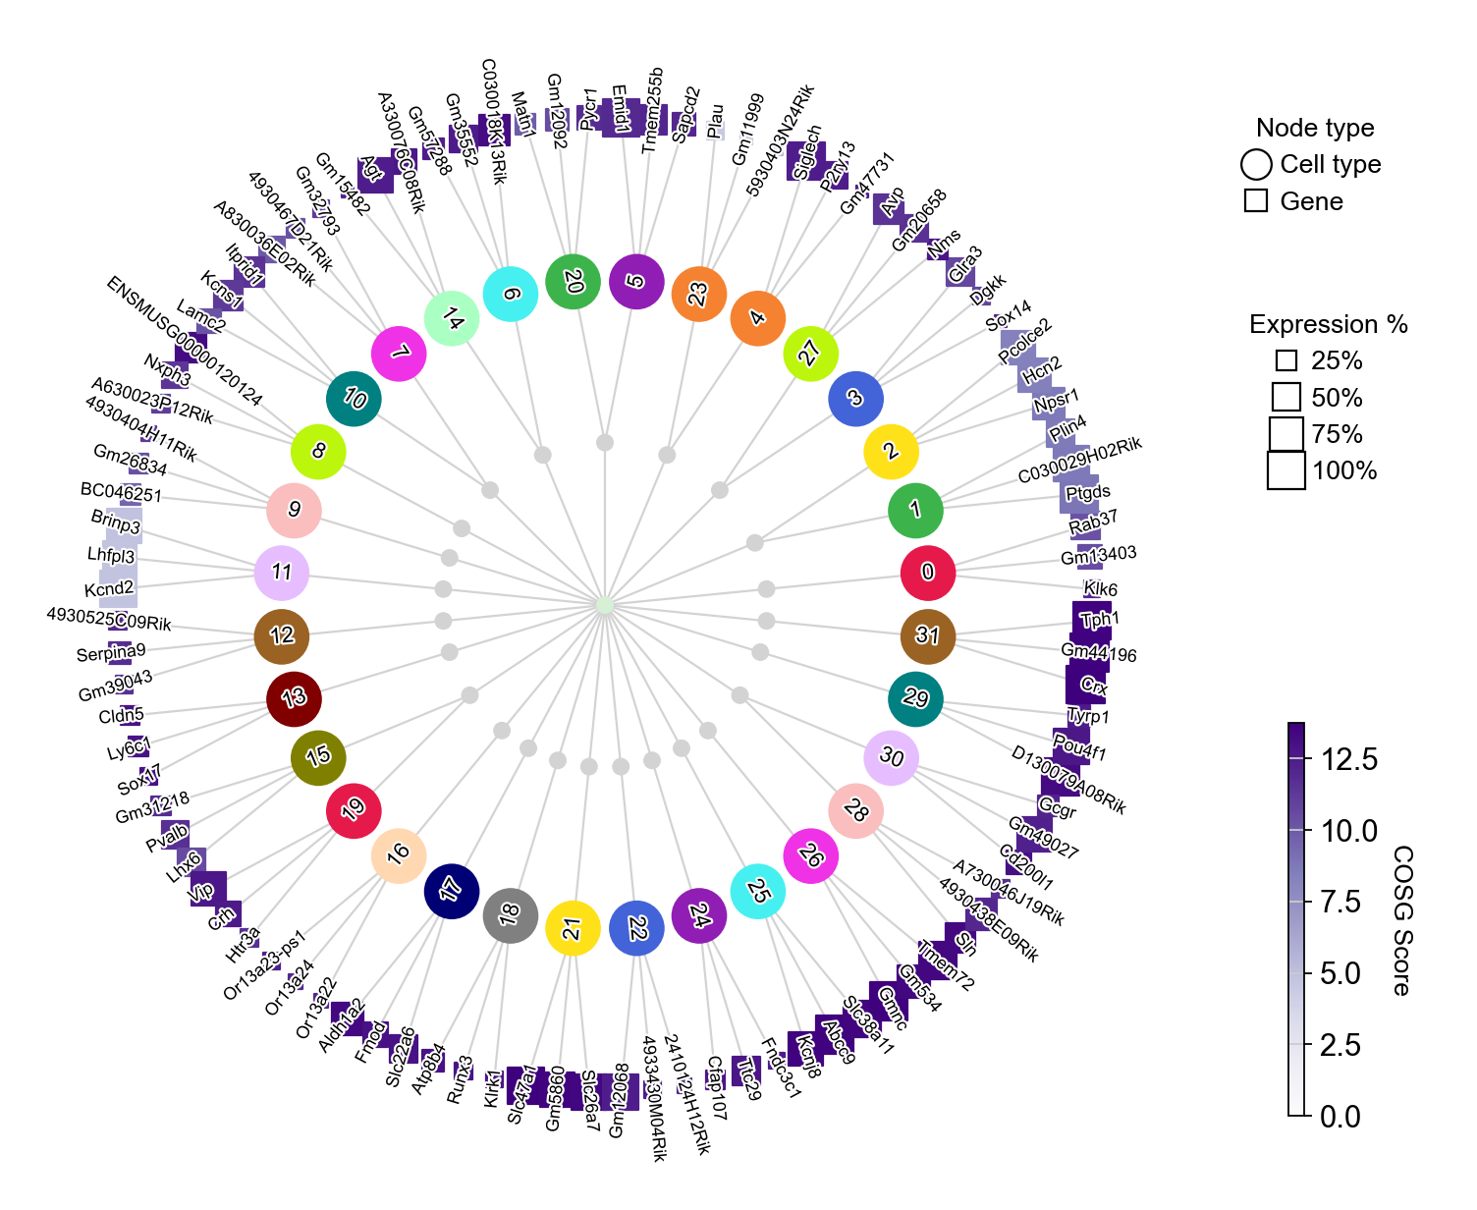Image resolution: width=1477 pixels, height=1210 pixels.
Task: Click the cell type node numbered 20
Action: pyautogui.click(x=573, y=282)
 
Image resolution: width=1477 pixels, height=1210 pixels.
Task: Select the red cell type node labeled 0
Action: pyautogui.click(x=928, y=573)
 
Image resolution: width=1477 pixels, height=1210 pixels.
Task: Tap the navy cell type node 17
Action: pyautogui.click(x=451, y=891)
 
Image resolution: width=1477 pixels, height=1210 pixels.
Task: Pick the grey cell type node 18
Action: pyautogui.click(x=510, y=915)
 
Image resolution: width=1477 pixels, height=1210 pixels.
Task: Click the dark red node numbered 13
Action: pyautogui.click(x=294, y=698)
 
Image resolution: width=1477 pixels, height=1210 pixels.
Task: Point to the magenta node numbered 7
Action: pyautogui.click(x=400, y=353)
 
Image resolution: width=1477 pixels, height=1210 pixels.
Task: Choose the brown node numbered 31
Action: pyautogui.click(x=927, y=635)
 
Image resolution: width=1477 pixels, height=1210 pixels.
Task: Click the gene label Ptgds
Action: pyautogui.click(x=1088, y=492)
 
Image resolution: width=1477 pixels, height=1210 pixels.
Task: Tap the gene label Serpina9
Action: pyautogui.click(x=111, y=652)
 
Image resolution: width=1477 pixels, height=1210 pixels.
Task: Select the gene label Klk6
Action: pyautogui.click(x=1101, y=589)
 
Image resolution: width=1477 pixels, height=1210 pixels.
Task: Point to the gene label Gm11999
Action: pyautogui.click(x=747, y=130)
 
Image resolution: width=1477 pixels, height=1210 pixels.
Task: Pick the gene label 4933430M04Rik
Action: pyautogui.click(x=654, y=1098)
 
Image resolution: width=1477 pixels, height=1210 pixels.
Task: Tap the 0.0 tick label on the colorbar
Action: pyautogui.click(x=1340, y=1117)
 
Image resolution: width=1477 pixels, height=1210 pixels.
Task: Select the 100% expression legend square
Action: pyautogui.click(x=1286, y=470)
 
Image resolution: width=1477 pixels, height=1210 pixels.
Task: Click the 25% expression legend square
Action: pyautogui.click(x=1286, y=361)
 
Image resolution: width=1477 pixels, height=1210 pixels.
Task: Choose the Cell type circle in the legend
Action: pyautogui.click(x=1256, y=165)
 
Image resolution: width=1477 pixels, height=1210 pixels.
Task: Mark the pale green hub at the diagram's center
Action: pyautogui.click(x=605, y=605)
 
